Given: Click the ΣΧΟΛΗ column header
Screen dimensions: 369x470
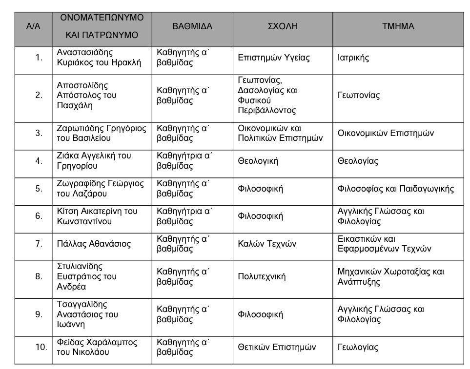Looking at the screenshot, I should (x=283, y=26).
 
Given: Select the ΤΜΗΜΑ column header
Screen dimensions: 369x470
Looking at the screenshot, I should (x=398, y=26).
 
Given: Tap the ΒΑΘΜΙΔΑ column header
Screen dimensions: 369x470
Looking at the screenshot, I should (x=192, y=26).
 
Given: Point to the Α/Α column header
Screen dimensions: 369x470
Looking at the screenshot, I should (x=33, y=26).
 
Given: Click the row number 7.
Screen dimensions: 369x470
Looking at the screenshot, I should (x=39, y=244).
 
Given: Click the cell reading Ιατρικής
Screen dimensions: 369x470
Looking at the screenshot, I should (x=353, y=58).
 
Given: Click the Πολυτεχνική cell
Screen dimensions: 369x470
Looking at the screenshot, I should (x=262, y=277).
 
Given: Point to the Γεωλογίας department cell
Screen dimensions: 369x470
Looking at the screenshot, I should (x=358, y=348).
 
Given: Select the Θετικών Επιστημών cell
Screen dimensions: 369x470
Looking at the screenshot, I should (x=277, y=348).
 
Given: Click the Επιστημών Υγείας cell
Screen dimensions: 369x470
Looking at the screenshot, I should (x=274, y=58).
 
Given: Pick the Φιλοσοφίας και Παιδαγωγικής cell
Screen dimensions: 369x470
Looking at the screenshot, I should (x=396, y=189).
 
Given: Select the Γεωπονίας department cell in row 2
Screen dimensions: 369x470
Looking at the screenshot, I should (x=359, y=96).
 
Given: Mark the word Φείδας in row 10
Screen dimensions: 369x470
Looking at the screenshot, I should (x=69, y=342).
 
